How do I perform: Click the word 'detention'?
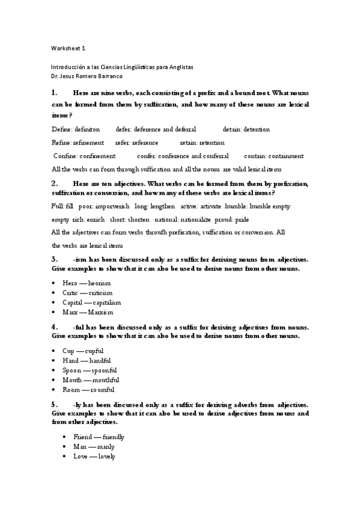[x=256, y=129]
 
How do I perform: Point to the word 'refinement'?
[x=90, y=143]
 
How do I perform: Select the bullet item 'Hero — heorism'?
[x=87, y=283]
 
